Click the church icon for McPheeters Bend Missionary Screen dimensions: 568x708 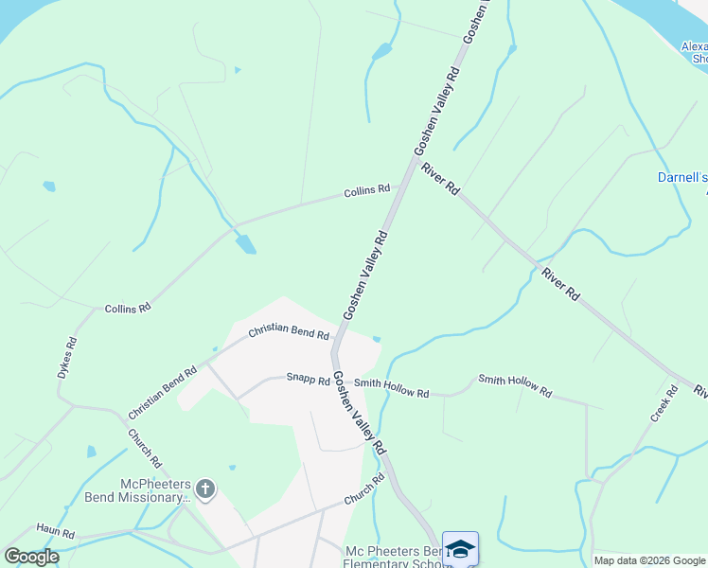(204, 489)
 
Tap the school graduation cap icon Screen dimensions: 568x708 (460, 549)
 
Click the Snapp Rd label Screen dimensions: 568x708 (308, 381)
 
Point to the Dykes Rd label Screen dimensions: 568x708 (66, 357)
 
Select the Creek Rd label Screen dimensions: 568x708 (665, 404)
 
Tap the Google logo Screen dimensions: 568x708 (31, 556)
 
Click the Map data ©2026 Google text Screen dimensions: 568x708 (649, 560)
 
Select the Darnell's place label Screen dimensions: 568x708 (682, 177)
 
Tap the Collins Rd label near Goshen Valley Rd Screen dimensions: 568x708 (367, 190)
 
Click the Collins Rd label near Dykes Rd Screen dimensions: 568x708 (128, 309)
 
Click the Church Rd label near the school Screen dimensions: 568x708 (364, 490)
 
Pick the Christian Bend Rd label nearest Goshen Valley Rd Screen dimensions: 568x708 (289, 332)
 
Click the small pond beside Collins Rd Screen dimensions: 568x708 (246, 243)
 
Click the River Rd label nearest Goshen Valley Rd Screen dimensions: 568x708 (441, 178)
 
